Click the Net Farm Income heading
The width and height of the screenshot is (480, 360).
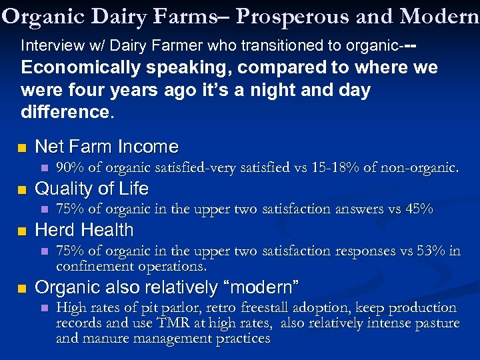tap(107, 147)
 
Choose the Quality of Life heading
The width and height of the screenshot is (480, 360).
tap(91, 189)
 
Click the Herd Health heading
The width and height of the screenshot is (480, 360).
tap(84, 230)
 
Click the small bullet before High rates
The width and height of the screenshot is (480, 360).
tap(45, 309)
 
